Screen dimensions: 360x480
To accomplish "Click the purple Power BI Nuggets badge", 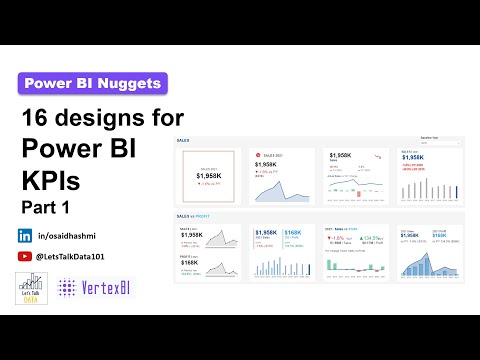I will click(x=93, y=84).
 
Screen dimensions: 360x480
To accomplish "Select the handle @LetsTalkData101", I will click(x=75, y=257).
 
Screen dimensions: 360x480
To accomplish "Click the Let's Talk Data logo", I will click(x=29, y=290).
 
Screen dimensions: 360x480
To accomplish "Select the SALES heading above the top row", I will click(x=183, y=141).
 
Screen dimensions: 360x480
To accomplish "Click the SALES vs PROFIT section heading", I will click(x=192, y=215).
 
